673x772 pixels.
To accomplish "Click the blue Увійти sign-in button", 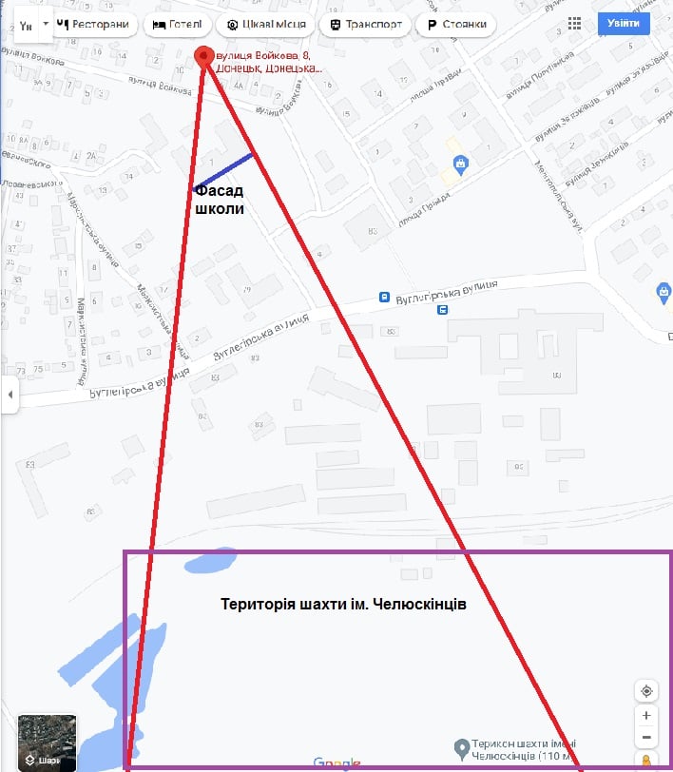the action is (624, 24).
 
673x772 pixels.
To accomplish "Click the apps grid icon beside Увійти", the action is (574, 24).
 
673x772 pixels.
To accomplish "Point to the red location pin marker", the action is (203, 57).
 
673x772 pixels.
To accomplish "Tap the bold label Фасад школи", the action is (220, 201).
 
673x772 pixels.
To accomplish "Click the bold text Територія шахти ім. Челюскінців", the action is (343, 604).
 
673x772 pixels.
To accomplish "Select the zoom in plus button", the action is (646, 715).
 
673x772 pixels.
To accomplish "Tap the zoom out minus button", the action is (646, 738).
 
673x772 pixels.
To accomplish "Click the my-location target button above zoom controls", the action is (646, 690).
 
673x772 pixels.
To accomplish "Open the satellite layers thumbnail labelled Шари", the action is (47, 743).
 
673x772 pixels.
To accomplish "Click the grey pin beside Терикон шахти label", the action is (460, 747).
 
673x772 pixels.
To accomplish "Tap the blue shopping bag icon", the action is (460, 164).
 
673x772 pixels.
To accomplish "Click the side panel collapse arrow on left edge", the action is (10, 394).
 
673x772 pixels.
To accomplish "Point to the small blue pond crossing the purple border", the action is (209, 561).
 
